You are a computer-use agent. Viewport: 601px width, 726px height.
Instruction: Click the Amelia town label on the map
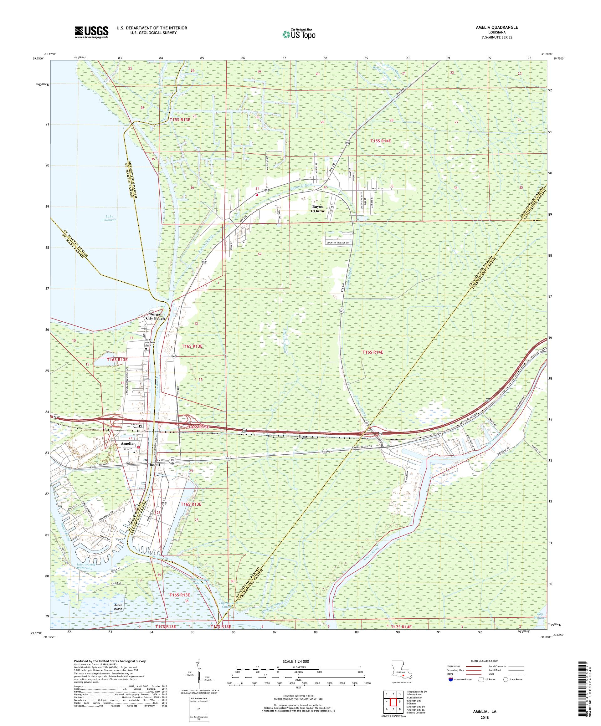[126, 443]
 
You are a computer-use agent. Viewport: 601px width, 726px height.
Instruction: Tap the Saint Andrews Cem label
[148, 342]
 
